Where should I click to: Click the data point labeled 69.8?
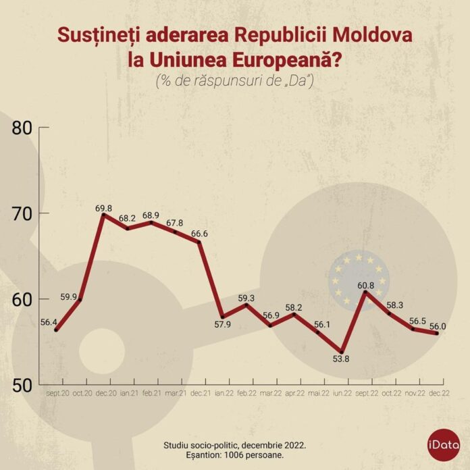pyautogui.click(x=103, y=214)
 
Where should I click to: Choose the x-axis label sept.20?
pyautogui.click(x=57, y=392)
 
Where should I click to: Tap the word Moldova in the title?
pyautogui.click(x=375, y=35)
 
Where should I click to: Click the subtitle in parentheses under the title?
pyautogui.click(x=234, y=81)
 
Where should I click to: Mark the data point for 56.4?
pyautogui.click(x=56, y=330)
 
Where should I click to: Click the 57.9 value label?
pyautogui.click(x=222, y=325)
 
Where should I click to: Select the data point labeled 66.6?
pyautogui.click(x=199, y=242)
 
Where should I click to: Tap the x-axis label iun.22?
pyautogui.click(x=342, y=392)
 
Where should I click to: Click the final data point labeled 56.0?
pyautogui.click(x=437, y=333)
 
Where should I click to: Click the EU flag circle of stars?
pyautogui.click(x=358, y=278)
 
